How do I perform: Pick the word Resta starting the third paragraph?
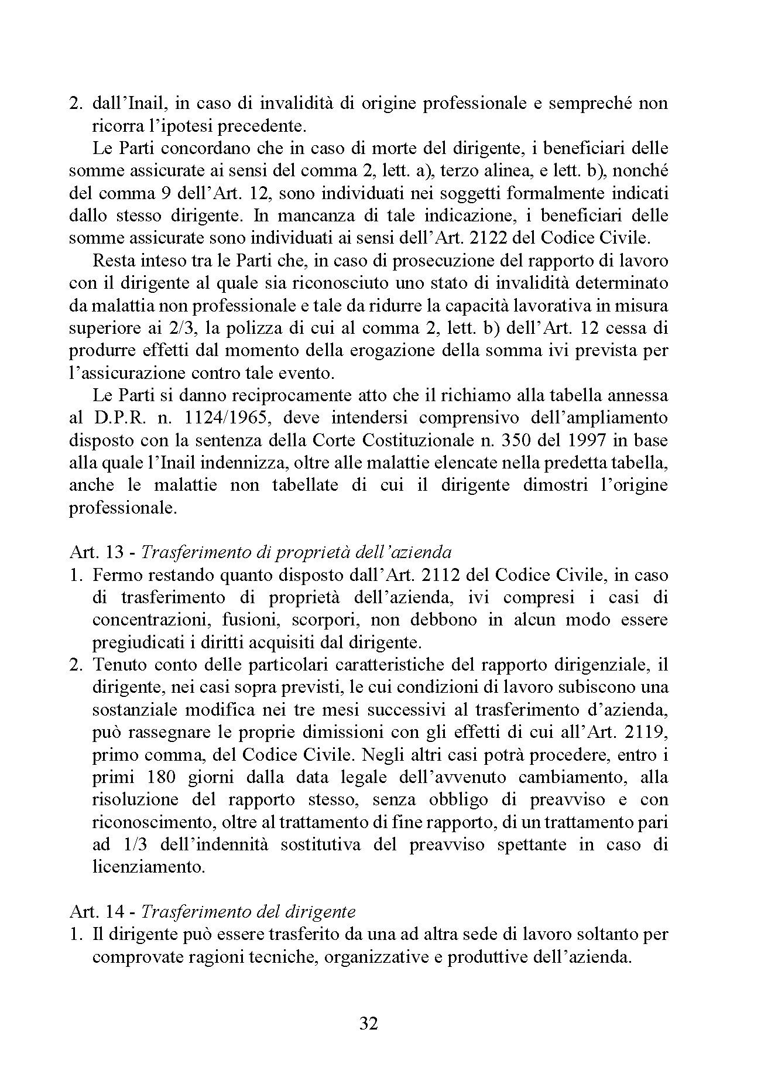coord(111,261)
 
